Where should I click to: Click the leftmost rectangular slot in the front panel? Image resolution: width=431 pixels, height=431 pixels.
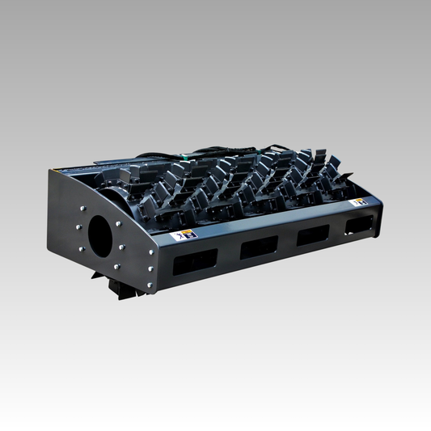[x=196, y=260]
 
